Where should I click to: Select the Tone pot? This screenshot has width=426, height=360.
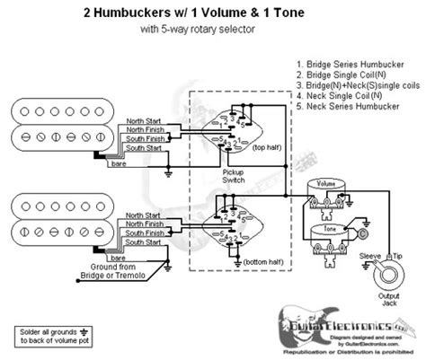click(x=326, y=239)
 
